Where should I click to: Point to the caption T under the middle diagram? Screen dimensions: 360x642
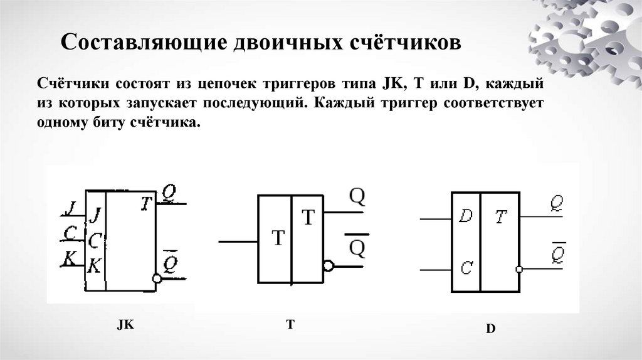point(290,324)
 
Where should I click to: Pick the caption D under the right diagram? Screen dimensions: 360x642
point(490,328)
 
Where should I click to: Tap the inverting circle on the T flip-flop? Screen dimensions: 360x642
point(329,266)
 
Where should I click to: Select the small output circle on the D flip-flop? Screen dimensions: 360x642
point(518,269)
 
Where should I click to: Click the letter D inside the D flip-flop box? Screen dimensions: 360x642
point(465,216)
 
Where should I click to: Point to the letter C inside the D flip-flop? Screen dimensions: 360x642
point(465,268)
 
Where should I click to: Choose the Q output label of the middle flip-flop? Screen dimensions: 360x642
point(356,197)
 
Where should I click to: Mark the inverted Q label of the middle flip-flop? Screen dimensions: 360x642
point(356,248)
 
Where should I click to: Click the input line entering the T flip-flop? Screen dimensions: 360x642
point(238,240)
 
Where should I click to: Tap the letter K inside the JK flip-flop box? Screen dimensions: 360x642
point(94,265)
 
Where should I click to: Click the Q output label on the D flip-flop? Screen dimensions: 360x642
point(554,204)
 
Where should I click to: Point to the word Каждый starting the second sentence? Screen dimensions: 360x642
point(339,102)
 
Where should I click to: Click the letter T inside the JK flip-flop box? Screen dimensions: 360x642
point(146,203)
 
